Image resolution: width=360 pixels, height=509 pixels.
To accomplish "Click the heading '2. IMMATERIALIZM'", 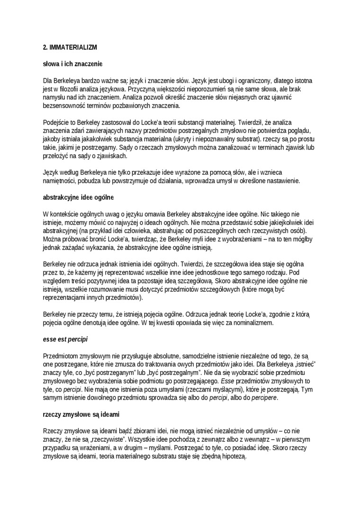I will (70, 48).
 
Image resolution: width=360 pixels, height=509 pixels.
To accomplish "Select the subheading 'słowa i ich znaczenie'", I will (72, 63).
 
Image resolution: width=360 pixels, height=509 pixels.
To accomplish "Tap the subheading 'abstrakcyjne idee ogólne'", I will (78, 197).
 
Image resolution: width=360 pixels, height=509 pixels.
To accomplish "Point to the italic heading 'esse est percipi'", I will (65, 339).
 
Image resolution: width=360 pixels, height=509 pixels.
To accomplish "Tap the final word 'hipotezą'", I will (233, 457).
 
